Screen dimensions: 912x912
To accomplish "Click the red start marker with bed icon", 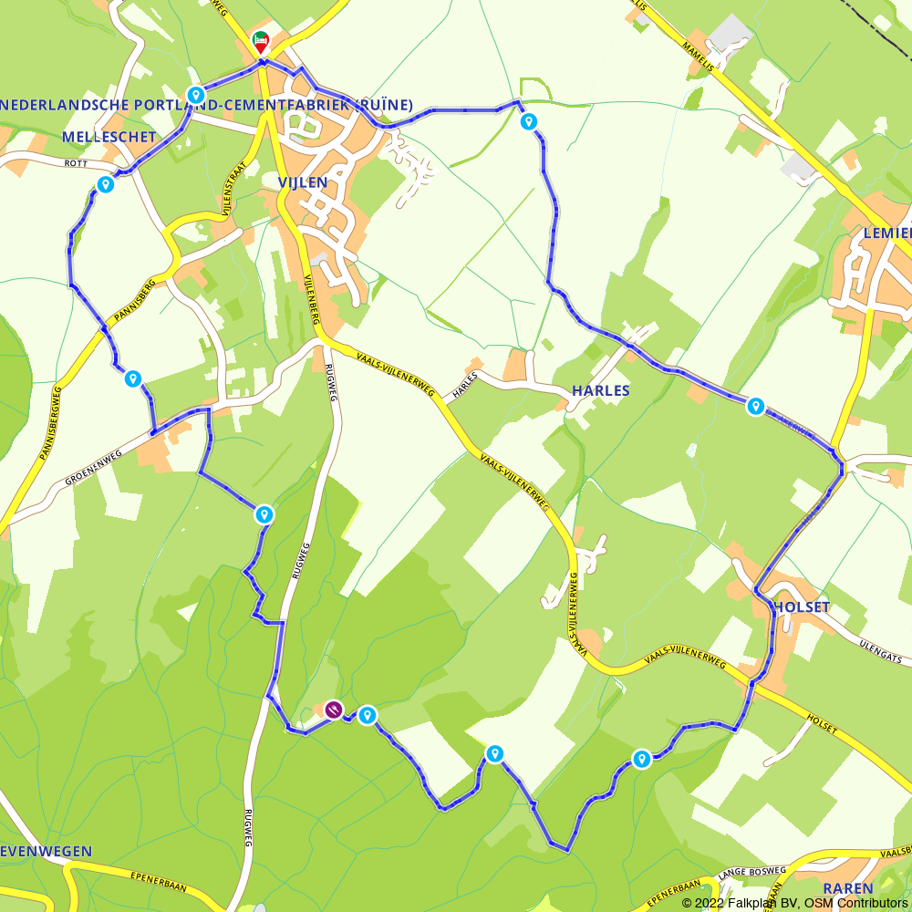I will click(x=260, y=42).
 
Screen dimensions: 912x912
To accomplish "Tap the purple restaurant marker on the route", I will click(x=334, y=710).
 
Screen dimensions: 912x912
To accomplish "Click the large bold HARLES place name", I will click(x=600, y=390).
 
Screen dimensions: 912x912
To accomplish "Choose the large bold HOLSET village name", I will click(x=803, y=607).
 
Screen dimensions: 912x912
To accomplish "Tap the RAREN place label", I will click(x=848, y=887).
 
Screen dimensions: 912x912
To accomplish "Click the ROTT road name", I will click(x=78, y=164).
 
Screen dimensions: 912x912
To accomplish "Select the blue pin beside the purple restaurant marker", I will click(x=367, y=715).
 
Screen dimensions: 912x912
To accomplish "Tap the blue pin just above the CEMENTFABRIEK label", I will click(x=195, y=95).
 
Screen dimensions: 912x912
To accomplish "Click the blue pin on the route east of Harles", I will click(x=755, y=406).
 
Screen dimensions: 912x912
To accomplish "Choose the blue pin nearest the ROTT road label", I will click(x=105, y=185).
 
